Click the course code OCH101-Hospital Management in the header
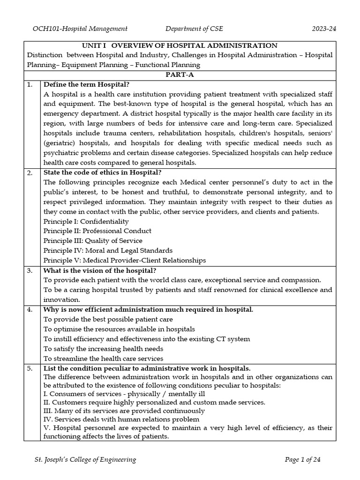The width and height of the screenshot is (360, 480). (x=80, y=29)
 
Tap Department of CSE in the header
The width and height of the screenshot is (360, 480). (x=194, y=29)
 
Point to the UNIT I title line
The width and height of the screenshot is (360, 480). (x=180, y=45)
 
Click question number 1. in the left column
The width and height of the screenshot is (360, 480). (x=30, y=84)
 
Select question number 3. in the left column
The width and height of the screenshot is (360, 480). (x=30, y=270)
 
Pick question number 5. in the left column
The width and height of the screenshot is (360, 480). (x=30, y=368)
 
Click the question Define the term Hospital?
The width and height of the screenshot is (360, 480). (x=86, y=84)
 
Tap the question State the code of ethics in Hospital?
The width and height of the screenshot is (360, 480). (x=102, y=172)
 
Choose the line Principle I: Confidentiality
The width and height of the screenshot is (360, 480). (x=86, y=221)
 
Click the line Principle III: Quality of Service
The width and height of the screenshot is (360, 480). (x=93, y=241)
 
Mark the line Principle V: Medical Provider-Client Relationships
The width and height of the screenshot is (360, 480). (x=124, y=260)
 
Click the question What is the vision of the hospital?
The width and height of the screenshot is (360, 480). (x=100, y=270)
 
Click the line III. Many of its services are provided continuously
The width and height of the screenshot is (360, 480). (x=124, y=411)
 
